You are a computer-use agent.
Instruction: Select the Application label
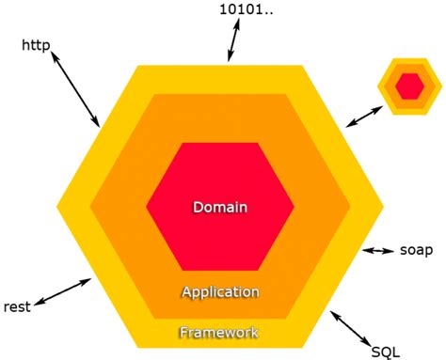click(219, 291)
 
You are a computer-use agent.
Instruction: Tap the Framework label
click(218, 332)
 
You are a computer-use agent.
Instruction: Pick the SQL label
click(385, 351)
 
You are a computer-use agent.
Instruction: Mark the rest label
click(18, 306)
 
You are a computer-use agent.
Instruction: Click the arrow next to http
click(75, 90)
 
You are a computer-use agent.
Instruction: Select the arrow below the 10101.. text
click(232, 41)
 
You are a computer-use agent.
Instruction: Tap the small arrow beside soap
click(379, 251)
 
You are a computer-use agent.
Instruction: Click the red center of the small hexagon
click(409, 86)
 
